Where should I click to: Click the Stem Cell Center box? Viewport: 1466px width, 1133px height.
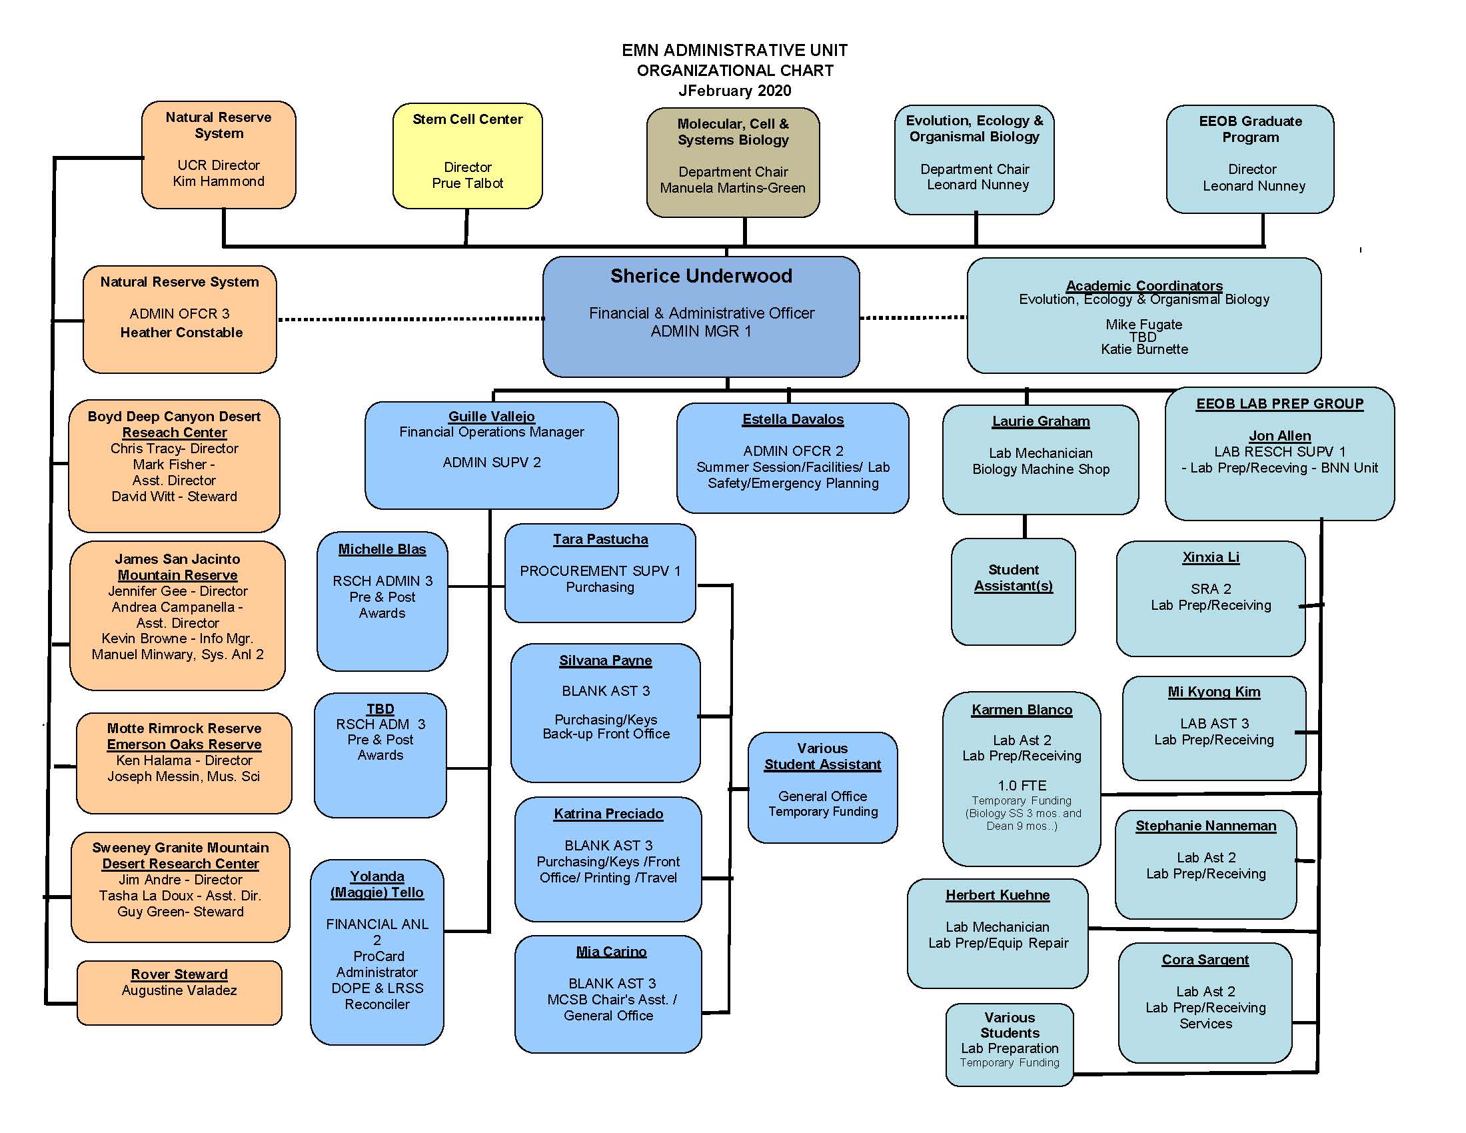pos(467,156)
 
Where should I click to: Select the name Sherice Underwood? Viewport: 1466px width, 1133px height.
pos(701,276)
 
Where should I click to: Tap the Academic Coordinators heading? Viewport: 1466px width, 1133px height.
pos(1143,285)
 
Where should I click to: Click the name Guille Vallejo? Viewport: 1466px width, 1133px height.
pos(491,416)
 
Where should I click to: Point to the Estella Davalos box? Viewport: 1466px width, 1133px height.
pos(793,458)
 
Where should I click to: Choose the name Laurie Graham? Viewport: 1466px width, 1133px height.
pos(1040,421)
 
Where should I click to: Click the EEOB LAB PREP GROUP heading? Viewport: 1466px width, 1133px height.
pos(1279,403)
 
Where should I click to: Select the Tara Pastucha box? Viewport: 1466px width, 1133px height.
pos(600,573)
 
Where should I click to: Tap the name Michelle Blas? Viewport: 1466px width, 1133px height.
pos(382,549)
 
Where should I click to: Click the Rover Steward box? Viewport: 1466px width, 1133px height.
pos(179,993)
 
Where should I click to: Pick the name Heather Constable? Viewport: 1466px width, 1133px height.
pos(181,333)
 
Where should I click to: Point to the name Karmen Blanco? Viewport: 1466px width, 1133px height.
pos(1022,710)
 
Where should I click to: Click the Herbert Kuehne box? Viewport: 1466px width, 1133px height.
pos(998,934)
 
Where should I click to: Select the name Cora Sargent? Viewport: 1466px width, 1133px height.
pos(1205,960)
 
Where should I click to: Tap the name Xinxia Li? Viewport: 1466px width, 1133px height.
pos(1211,557)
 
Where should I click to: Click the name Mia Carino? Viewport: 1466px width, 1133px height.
pos(611,952)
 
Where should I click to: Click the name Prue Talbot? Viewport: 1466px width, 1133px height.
pos(467,183)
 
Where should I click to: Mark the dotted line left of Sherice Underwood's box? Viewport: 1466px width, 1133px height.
pos(410,319)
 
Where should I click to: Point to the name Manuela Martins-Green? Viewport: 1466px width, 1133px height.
pos(732,188)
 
